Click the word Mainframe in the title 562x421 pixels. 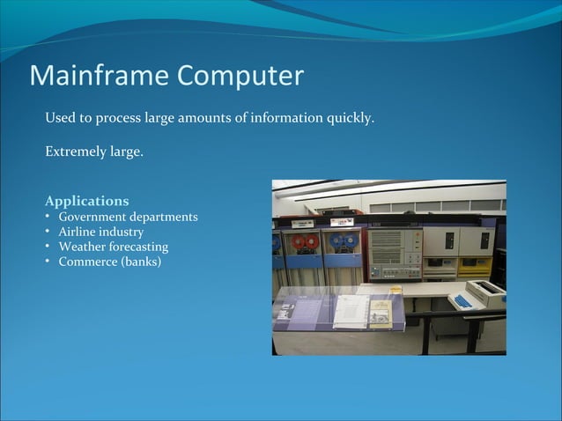pos(100,76)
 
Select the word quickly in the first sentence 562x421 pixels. pos(349,118)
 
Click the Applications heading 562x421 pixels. pos(86,201)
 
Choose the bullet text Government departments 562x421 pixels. pos(128,217)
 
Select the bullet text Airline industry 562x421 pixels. pos(101,232)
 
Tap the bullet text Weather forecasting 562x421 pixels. pos(113,247)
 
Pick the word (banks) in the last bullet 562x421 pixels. pos(142,262)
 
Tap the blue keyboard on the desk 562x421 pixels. pos(462,300)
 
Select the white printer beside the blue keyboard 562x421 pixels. pos(485,292)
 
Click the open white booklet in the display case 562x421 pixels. pos(351,310)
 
